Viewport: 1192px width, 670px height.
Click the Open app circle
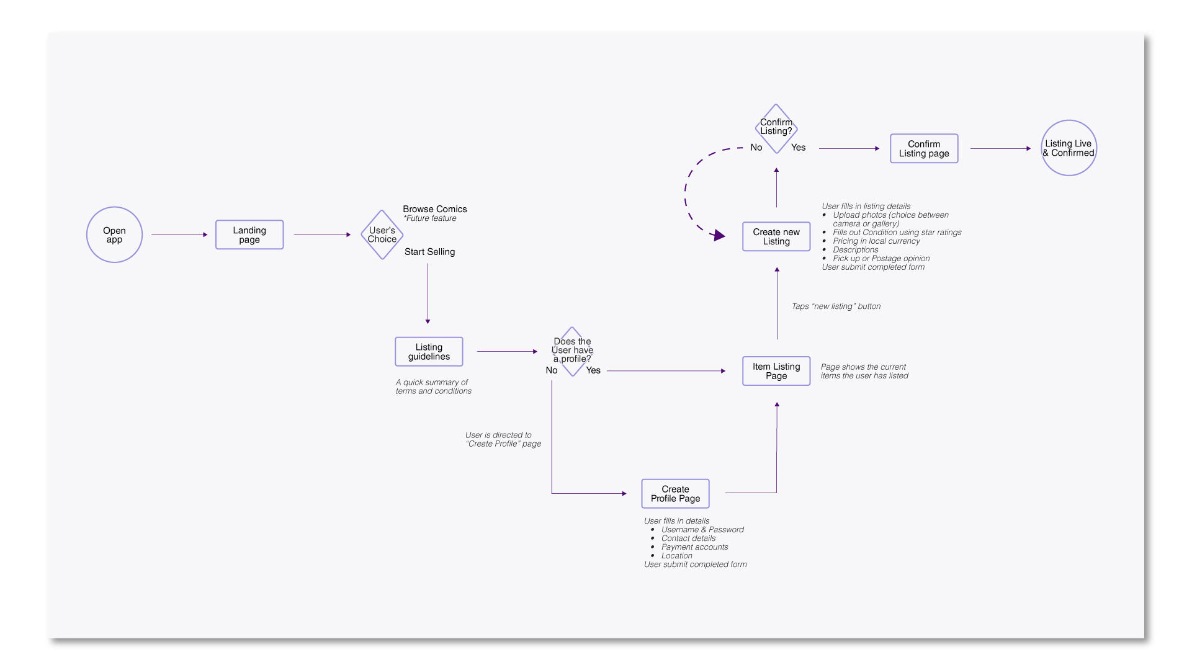pos(114,234)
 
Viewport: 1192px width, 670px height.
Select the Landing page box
pos(249,234)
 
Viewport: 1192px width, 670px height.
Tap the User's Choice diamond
pos(382,234)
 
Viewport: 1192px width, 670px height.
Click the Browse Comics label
pos(434,209)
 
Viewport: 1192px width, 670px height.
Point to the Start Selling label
pos(429,252)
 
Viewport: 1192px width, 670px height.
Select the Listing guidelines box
pos(429,352)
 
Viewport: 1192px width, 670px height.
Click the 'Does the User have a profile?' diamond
pos(572,351)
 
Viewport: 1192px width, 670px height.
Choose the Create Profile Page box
pos(675,494)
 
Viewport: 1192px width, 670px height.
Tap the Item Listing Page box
pos(776,371)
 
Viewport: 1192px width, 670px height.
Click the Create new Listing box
pos(776,236)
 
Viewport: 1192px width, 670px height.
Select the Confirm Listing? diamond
pos(776,128)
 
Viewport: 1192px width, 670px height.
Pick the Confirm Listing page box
pos(924,149)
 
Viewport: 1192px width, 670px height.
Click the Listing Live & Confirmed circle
pos(1069,148)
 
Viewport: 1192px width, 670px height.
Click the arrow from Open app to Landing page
pos(179,234)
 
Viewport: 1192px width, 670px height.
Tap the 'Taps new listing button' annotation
pos(836,306)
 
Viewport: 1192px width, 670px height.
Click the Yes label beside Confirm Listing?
pos(798,148)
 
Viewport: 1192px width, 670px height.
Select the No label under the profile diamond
pos(552,370)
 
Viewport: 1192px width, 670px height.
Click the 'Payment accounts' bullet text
pos(694,547)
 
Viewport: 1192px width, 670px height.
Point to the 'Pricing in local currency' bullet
pos(876,241)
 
